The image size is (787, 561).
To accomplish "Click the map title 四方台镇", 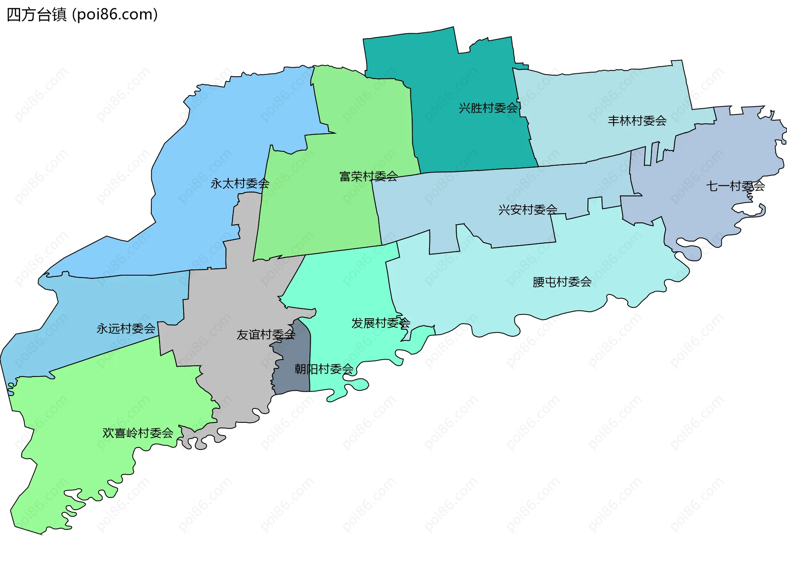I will coord(36,15).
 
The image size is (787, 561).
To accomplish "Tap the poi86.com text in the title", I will coord(115,15).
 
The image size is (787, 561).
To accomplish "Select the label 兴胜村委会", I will coord(488,108).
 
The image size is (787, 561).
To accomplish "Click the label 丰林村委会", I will coord(637,121).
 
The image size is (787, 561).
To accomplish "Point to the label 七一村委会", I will coord(735,187).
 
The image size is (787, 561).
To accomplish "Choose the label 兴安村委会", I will coord(528,210).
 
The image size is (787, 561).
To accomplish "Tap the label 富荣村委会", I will coord(368,177).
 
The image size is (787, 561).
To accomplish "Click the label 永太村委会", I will coord(240,184).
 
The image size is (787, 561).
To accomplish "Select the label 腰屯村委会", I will coord(562,282).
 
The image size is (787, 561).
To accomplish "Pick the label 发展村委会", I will coord(381,323).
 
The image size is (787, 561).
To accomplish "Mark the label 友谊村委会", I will coord(266,335).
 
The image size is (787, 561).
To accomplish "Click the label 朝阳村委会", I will coord(324,369).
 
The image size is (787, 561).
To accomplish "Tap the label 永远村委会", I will coord(126,329).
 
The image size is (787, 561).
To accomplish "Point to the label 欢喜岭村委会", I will coord(138,433).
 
